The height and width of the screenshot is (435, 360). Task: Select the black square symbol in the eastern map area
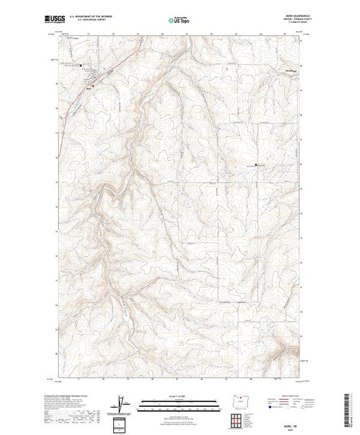256,165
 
